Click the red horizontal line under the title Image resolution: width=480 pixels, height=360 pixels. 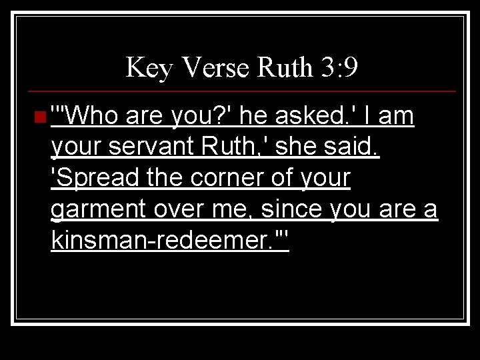click(x=240, y=91)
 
